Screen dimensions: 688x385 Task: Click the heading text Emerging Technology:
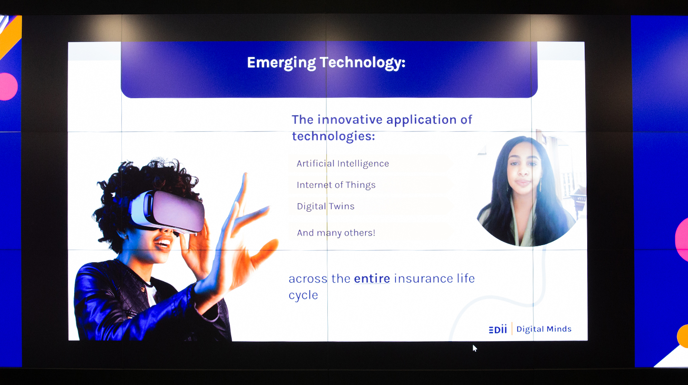coord(326,63)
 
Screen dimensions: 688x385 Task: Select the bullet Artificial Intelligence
coord(343,164)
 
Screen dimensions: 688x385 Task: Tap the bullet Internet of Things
coord(336,185)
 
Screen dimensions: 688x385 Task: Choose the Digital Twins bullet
coord(325,206)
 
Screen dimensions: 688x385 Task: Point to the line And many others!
coord(336,233)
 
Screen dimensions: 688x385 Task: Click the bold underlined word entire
coord(372,278)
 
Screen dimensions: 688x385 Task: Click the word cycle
coord(303,295)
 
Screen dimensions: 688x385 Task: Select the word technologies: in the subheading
coord(334,136)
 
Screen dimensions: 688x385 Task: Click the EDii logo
coord(498,329)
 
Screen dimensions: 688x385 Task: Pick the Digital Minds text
coord(544,329)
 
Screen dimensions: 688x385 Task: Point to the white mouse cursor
coord(474,348)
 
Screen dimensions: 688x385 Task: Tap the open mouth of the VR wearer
coord(162,243)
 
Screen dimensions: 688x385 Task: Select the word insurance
coord(423,278)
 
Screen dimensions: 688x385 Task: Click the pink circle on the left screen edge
coord(8,87)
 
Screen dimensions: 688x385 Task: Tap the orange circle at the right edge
coord(682,336)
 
